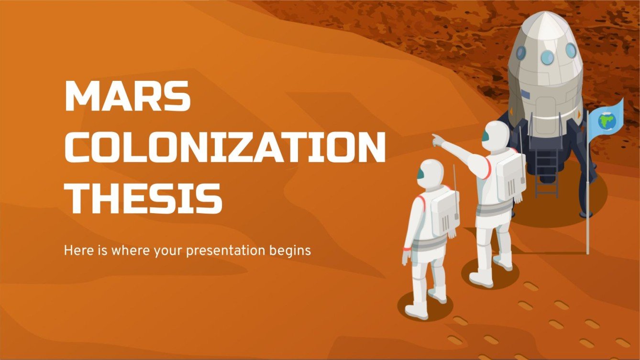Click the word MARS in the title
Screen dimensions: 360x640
tap(128, 97)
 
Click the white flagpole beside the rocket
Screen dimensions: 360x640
tap(588, 191)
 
